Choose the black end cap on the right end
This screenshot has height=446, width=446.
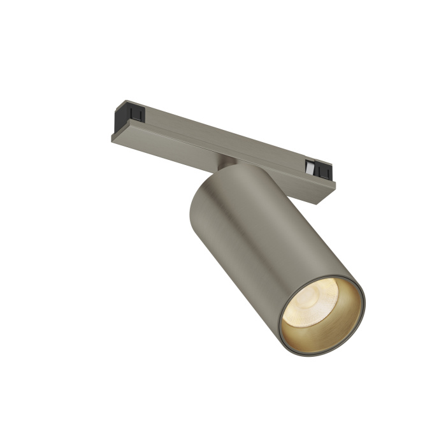click(322, 171)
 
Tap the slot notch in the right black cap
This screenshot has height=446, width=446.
click(324, 172)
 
